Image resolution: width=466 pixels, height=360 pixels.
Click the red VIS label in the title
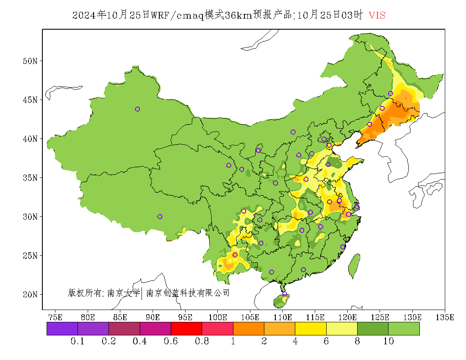(x=377, y=15)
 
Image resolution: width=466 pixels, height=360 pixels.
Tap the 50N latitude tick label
(x=30, y=61)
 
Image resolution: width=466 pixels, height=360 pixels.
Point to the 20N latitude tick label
(x=30, y=294)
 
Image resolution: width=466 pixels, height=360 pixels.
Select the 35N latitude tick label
(x=30, y=178)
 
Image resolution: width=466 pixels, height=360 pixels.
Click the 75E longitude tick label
(x=55, y=317)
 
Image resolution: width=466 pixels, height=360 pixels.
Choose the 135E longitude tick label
(x=445, y=317)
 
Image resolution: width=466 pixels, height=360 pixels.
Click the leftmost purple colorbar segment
(x=62, y=329)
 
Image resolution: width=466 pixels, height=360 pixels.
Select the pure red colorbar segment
(x=186, y=329)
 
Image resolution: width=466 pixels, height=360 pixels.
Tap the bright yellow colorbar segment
(x=311, y=329)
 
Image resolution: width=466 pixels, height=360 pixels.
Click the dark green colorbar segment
(x=373, y=329)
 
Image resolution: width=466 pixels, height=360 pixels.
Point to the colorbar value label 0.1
(x=78, y=341)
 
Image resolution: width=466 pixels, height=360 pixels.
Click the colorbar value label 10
(x=388, y=341)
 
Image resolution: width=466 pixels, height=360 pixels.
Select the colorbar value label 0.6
(x=171, y=341)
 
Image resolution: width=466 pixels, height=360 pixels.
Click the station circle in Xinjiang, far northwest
(x=137, y=109)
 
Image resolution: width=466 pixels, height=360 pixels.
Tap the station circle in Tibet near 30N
(x=160, y=216)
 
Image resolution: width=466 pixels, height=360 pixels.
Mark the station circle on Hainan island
(x=285, y=294)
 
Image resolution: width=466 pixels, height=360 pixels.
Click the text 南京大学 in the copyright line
(x=123, y=293)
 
